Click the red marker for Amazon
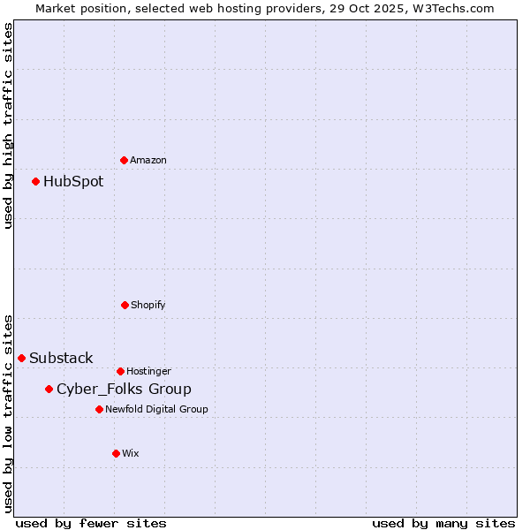click(124, 160)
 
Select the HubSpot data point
click(36, 181)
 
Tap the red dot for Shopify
click(125, 305)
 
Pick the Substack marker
click(22, 358)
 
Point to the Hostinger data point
click(120, 371)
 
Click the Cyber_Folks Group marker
click(49, 389)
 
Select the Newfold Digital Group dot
click(99, 409)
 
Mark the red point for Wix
click(116, 453)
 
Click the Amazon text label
click(148, 160)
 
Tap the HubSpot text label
click(73, 181)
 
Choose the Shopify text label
click(148, 305)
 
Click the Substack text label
click(61, 358)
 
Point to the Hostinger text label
click(148, 371)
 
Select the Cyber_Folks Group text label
click(124, 389)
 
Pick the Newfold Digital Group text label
click(156, 409)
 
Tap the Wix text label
click(131, 453)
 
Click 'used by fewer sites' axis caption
click(91, 523)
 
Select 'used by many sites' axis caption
click(443, 523)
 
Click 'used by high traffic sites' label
click(8, 125)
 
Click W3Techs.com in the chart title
click(450, 8)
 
